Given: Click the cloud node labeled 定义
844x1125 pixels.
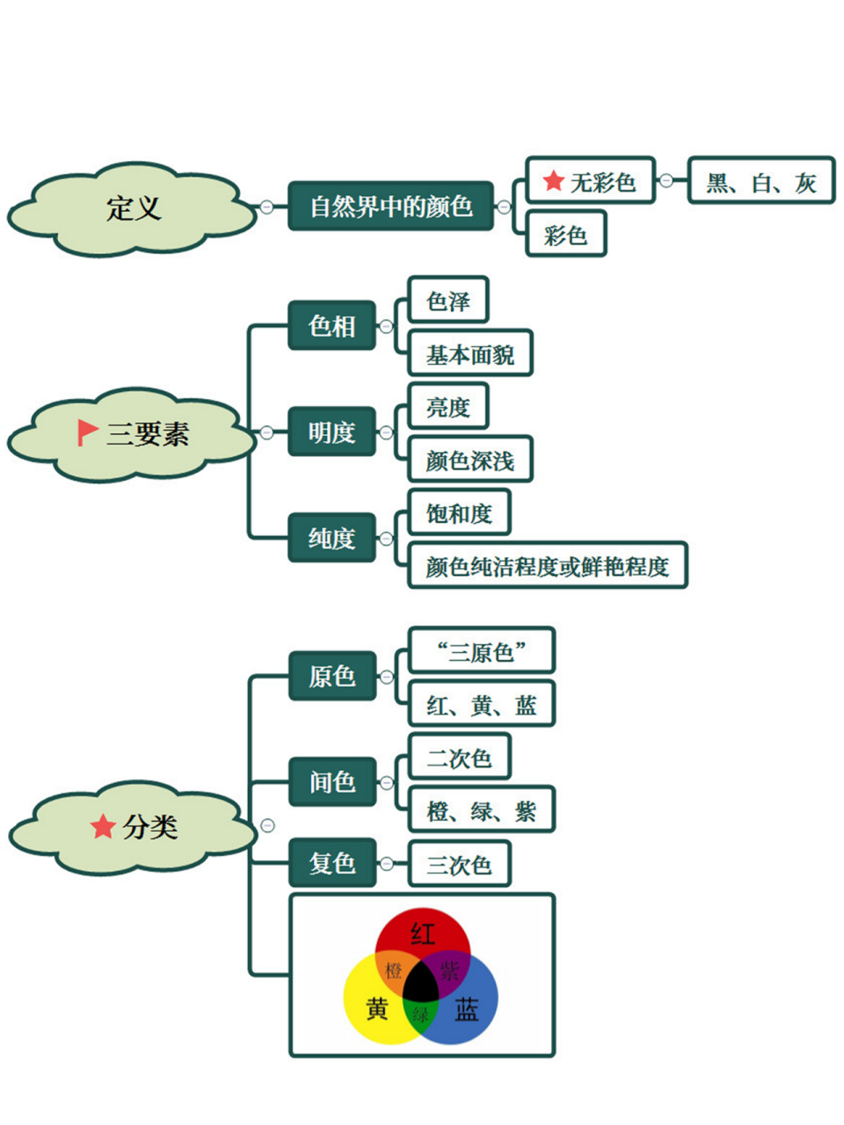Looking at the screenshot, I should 134,208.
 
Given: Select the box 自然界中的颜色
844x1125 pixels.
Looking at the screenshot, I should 390,207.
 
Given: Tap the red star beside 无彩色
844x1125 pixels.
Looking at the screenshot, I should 553,181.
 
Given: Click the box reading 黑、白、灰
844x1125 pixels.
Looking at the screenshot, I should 761,182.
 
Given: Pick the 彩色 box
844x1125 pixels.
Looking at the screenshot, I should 565,235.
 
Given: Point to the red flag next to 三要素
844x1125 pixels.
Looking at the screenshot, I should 87,432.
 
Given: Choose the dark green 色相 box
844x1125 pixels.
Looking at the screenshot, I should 331,326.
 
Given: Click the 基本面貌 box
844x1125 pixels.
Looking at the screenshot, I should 470,354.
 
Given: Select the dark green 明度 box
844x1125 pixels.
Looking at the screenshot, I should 331,432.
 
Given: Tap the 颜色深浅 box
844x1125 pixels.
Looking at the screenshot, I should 470,460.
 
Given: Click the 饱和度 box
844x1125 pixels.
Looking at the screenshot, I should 459,513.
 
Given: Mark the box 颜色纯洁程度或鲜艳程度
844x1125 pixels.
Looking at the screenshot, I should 547,566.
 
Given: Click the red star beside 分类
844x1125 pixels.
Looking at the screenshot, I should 103,826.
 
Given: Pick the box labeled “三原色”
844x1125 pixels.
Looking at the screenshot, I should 481,651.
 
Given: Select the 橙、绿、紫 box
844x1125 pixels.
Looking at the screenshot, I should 481,810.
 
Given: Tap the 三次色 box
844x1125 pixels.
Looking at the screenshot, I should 459,865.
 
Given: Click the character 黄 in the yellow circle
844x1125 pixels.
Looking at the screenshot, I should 377,1010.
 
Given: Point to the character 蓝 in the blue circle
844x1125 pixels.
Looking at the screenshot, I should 467,1010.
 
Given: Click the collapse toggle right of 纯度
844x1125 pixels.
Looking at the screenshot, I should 386,538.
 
